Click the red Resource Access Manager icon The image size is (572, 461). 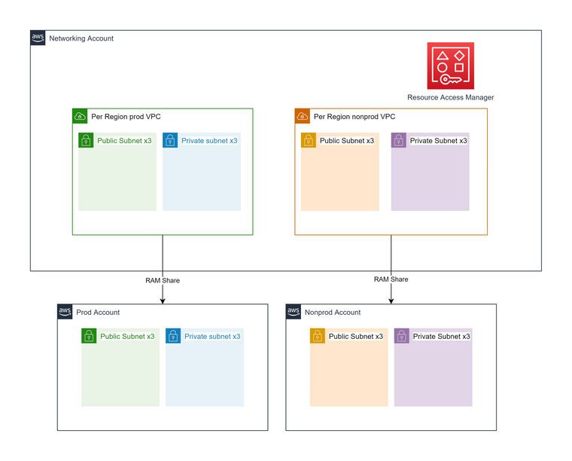(x=450, y=66)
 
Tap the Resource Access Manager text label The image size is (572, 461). (x=450, y=97)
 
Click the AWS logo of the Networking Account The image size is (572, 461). (x=38, y=38)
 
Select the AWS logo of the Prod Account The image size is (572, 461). (x=65, y=312)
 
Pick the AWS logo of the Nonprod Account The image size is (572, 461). (x=294, y=312)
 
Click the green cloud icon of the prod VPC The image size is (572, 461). (x=80, y=116)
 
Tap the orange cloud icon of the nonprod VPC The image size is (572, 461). (x=303, y=116)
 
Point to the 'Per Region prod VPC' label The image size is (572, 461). (x=126, y=117)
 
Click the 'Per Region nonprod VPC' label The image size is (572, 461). (x=354, y=117)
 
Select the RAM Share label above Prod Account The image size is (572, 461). (x=163, y=280)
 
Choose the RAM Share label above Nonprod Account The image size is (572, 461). (x=391, y=279)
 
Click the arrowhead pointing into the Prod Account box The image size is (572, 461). (x=163, y=300)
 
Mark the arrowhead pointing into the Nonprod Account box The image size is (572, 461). (x=391, y=300)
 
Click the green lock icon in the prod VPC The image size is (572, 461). (x=86, y=140)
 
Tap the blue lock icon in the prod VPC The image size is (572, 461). (x=170, y=140)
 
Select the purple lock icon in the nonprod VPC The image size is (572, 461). (x=399, y=140)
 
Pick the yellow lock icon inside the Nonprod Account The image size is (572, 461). (x=318, y=336)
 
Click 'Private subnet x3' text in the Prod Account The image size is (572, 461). (x=212, y=337)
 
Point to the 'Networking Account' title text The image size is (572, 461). (x=81, y=38)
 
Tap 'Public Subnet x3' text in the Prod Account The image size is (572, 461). (x=126, y=337)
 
